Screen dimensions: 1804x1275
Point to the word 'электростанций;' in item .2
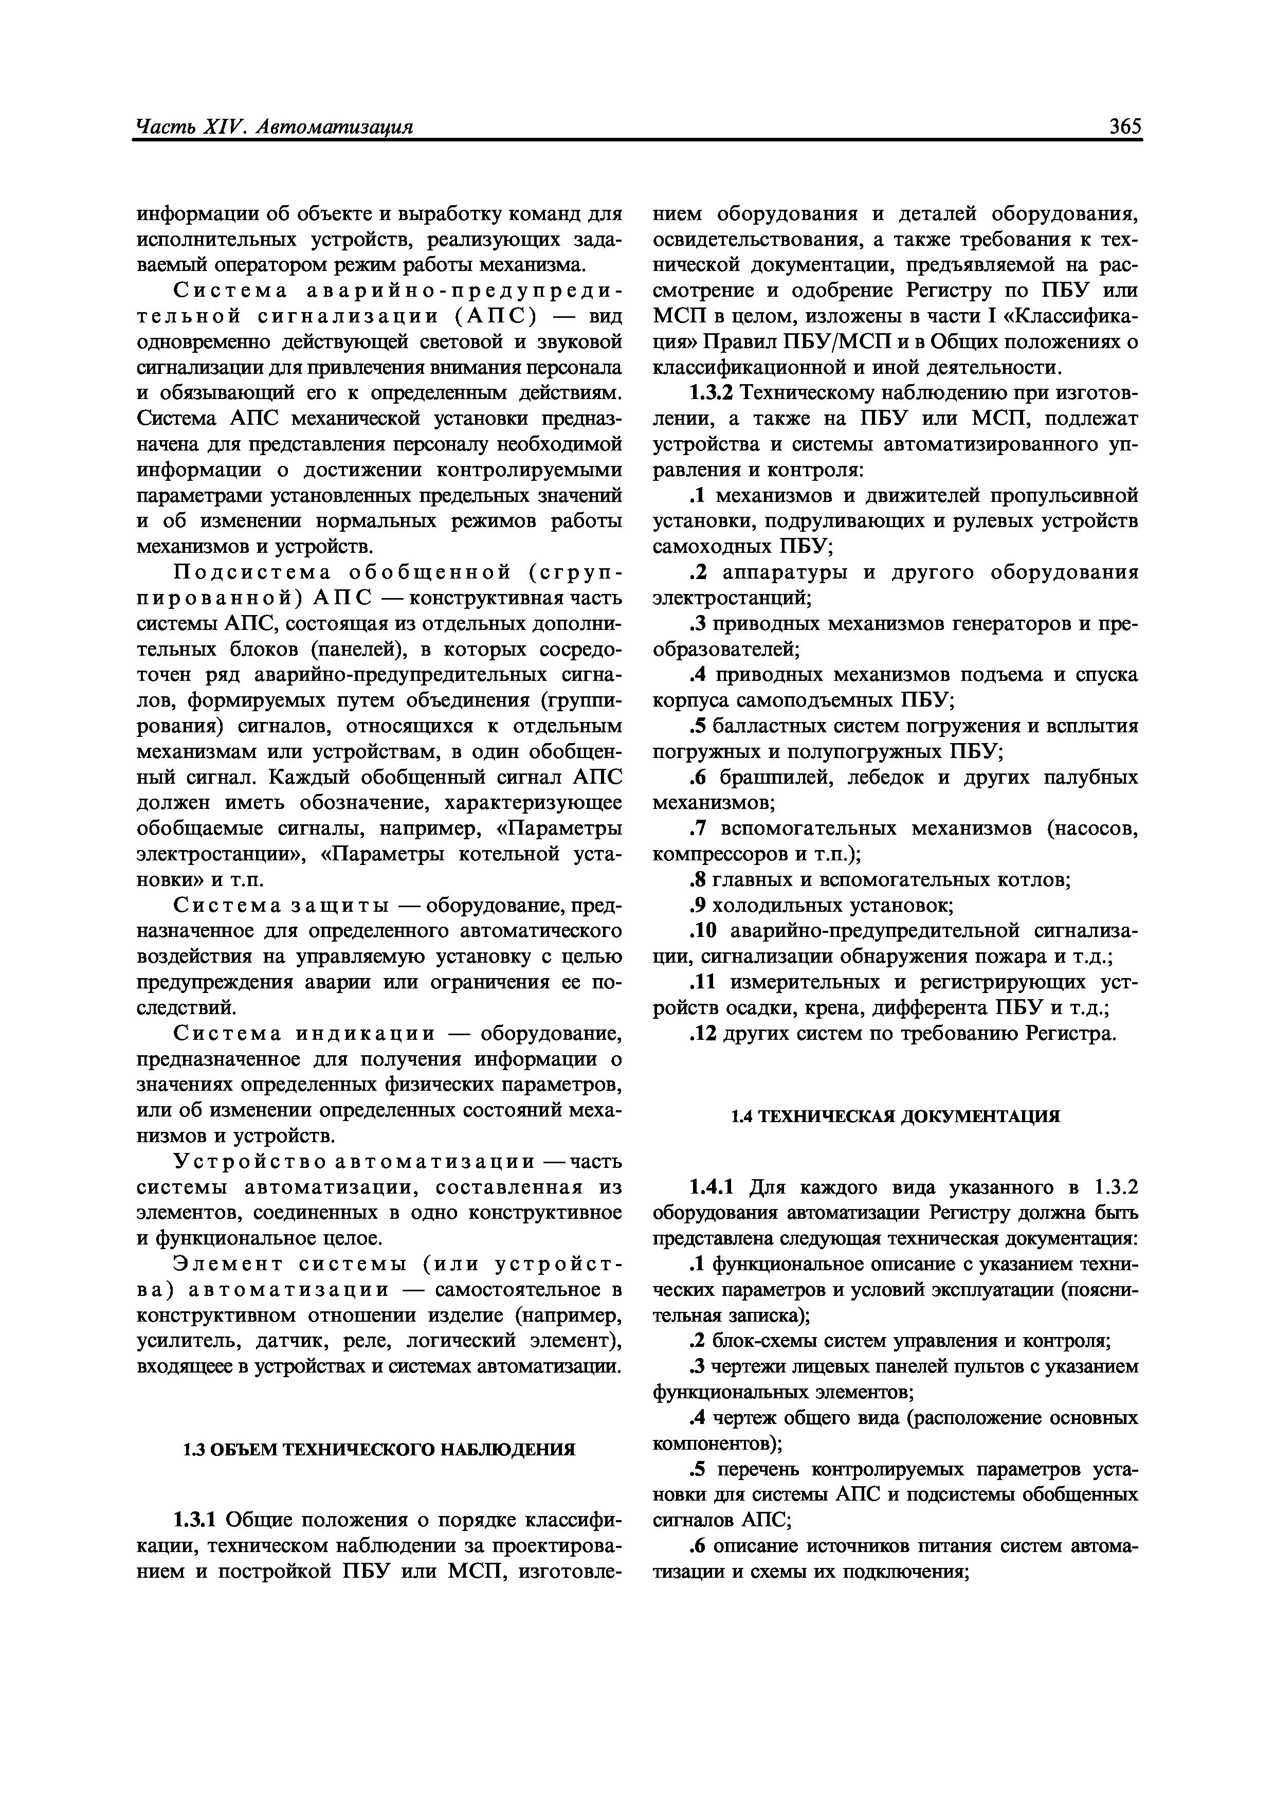pyautogui.click(x=732, y=598)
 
